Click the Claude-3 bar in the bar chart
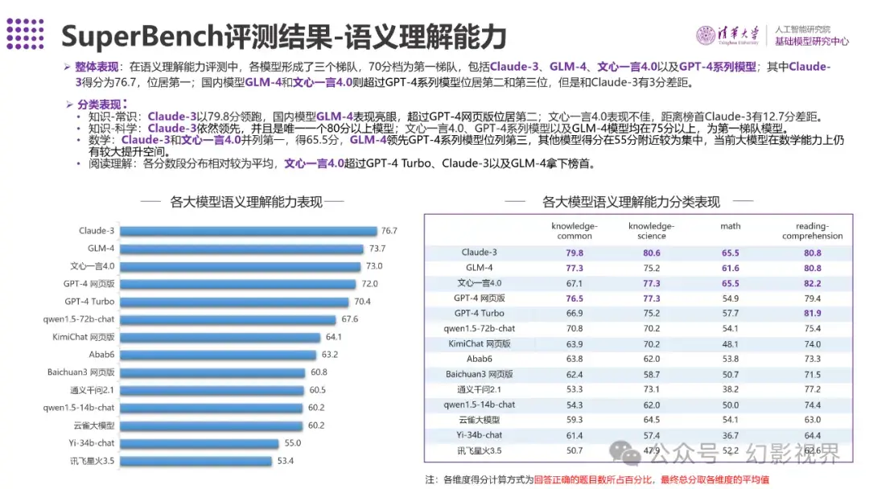pyautogui.click(x=249, y=231)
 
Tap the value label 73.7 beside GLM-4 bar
pyautogui.click(x=377, y=249)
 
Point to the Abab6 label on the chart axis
pyautogui.click(x=101, y=355)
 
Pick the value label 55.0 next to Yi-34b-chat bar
pyautogui.click(x=292, y=443)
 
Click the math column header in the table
pyautogui.click(x=731, y=226)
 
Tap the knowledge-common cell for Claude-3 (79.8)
pyautogui.click(x=575, y=253)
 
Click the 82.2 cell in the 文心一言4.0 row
pyautogui.click(x=812, y=283)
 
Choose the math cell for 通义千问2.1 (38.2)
pyautogui.click(x=731, y=389)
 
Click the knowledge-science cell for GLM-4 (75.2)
pyautogui.click(x=651, y=268)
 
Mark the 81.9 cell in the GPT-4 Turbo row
pyautogui.click(x=812, y=314)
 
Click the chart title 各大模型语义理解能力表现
pyautogui.click(x=246, y=202)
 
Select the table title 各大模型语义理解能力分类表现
pyautogui.click(x=631, y=202)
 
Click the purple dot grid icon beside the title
pyautogui.click(x=25, y=33)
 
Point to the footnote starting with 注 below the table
pyautogui.click(x=596, y=479)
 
